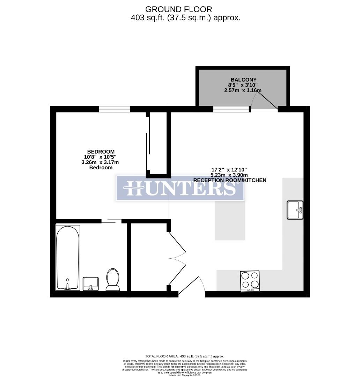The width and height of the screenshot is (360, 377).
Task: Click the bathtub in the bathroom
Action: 68,258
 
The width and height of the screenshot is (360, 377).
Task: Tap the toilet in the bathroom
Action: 113,280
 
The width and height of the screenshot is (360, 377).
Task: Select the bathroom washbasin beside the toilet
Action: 91,283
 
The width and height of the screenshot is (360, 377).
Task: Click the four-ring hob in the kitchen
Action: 250,281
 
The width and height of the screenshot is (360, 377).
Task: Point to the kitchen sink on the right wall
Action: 295,210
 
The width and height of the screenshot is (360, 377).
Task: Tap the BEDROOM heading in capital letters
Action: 101,151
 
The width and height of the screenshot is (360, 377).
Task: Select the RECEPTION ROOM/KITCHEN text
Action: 230,180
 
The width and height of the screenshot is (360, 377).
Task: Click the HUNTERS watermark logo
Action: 180,188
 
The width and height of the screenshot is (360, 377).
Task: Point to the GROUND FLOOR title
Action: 178,9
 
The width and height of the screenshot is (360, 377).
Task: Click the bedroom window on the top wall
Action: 115,109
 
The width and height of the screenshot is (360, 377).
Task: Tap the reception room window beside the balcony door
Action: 232,109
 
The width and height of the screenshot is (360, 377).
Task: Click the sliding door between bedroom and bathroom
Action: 112,221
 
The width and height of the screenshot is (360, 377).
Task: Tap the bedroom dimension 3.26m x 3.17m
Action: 101,162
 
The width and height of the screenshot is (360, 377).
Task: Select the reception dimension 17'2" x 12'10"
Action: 230,169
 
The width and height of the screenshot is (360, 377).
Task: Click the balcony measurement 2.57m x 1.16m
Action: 243,90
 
